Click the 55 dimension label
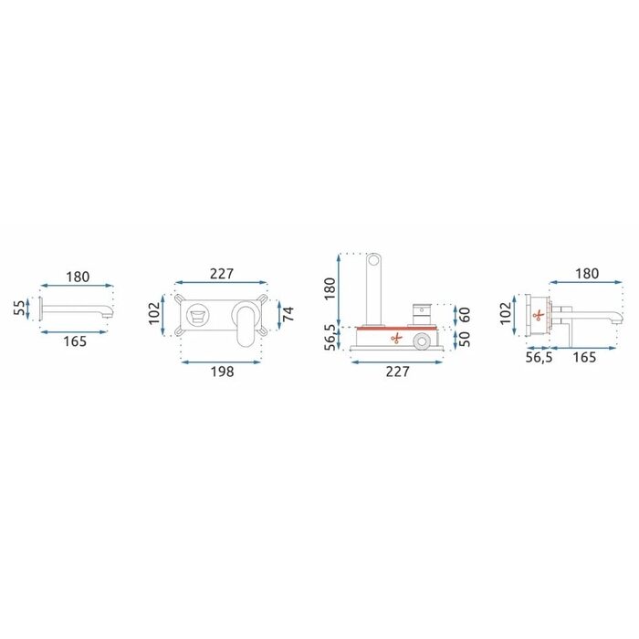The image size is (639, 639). point(19,309)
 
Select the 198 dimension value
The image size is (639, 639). point(222,372)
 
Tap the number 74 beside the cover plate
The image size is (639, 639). point(288,313)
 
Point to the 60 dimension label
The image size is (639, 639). point(464,315)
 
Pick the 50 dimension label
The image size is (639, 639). point(464,339)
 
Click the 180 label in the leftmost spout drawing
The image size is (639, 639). point(78,278)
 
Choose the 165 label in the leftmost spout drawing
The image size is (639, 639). point(75,341)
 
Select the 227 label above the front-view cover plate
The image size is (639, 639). point(222,274)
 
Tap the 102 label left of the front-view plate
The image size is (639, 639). point(154,313)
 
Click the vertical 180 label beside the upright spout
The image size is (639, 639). point(330,288)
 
